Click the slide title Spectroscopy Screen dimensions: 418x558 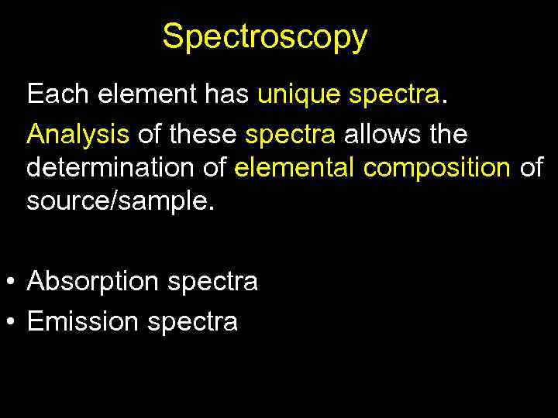(265, 36)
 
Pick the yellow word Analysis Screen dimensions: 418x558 (77, 135)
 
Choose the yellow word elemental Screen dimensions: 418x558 (296, 167)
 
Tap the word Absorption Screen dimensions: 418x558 (92, 282)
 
